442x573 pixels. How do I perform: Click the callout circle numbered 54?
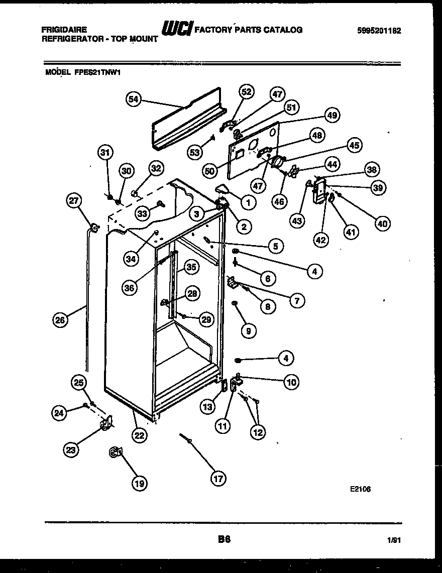(133, 99)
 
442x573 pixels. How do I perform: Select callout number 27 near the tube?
(74, 201)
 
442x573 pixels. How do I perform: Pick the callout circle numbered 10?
(291, 382)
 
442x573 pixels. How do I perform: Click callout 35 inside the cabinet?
(191, 267)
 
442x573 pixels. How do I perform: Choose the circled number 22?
(140, 435)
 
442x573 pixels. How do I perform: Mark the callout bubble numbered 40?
(382, 224)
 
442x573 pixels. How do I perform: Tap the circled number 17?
(217, 479)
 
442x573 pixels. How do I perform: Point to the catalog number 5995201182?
(379, 30)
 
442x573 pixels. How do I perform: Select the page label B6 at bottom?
(224, 540)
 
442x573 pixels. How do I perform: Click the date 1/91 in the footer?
(395, 541)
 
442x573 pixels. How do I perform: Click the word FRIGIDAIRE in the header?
(64, 30)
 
